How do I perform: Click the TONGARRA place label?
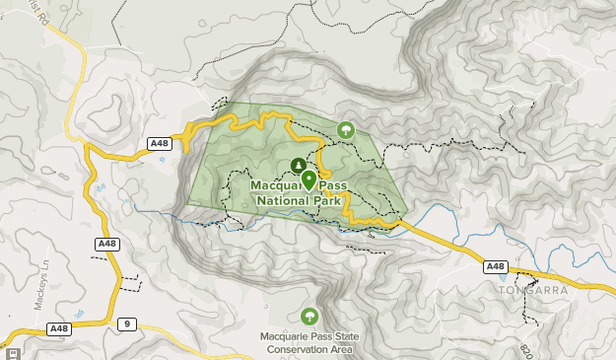click(x=532, y=290)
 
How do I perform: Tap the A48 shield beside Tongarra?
click(x=496, y=266)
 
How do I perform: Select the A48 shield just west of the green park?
click(x=160, y=144)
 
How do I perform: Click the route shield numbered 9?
click(x=125, y=324)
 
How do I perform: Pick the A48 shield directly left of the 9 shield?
click(x=59, y=328)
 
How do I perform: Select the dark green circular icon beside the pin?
click(x=297, y=165)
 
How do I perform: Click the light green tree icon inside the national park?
click(x=346, y=129)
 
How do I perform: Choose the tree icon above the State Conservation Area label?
click(x=309, y=316)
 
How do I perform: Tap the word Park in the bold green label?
click(x=326, y=200)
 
